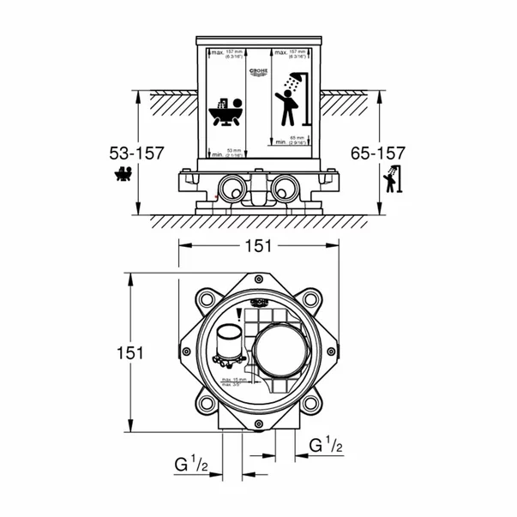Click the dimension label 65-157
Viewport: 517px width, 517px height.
coord(377,153)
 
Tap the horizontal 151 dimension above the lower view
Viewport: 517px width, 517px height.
coord(256,245)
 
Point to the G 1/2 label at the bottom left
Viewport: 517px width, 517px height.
coord(191,466)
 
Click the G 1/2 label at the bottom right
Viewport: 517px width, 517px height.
coord(328,446)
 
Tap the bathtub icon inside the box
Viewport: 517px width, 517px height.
coord(226,109)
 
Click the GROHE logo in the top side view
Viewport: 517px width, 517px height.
coord(259,72)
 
